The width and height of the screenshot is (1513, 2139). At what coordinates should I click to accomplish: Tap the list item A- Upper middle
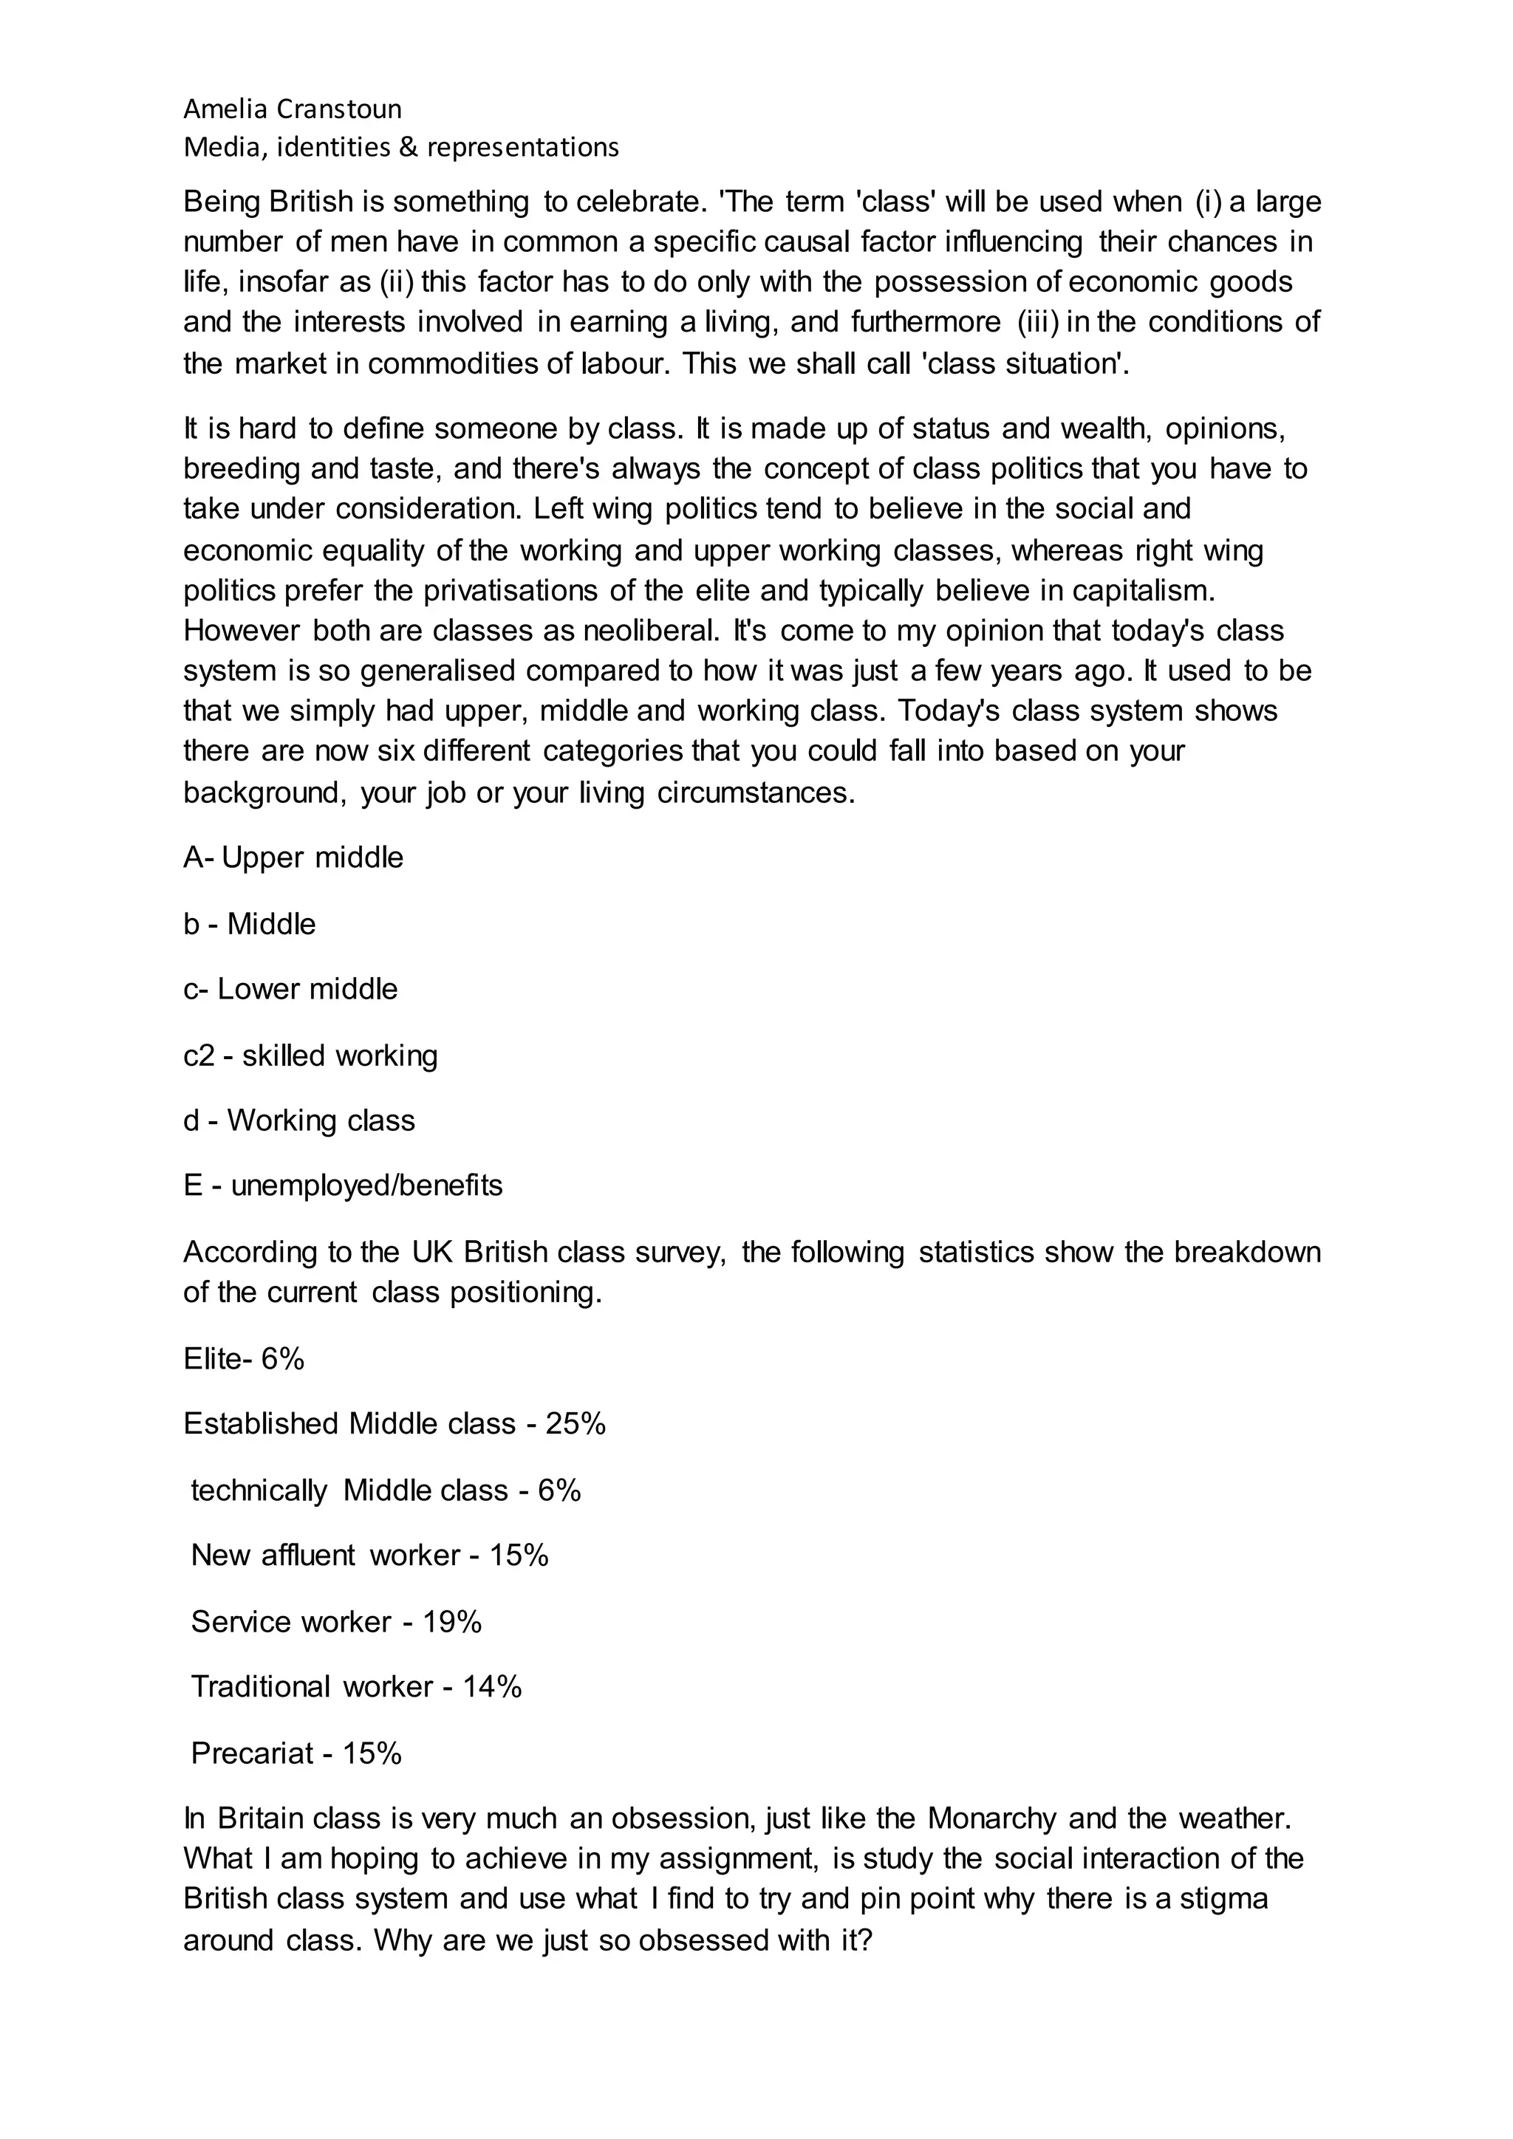[x=293, y=857]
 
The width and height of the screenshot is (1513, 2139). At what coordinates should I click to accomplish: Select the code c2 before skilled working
[x=199, y=1055]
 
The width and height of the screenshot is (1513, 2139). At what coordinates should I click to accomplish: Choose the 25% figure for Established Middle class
[x=576, y=1423]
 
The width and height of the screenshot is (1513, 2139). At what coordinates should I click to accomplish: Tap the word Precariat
[x=251, y=1753]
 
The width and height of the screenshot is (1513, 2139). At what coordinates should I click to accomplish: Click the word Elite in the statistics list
[x=211, y=1359]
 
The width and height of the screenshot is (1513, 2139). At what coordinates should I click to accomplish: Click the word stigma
[x=1223, y=1899]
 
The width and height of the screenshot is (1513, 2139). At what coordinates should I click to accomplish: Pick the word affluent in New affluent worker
[x=308, y=1555]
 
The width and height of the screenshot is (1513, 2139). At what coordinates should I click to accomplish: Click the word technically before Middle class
[x=259, y=1491]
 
